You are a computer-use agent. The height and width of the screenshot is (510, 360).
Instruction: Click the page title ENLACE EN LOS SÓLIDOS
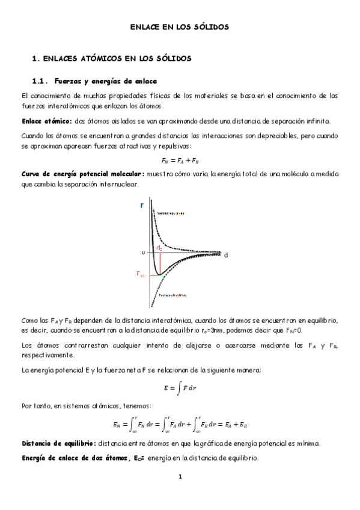[180, 27]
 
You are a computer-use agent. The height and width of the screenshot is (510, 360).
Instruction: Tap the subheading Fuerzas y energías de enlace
[106, 80]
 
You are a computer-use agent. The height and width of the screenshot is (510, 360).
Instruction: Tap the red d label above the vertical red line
[159, 247]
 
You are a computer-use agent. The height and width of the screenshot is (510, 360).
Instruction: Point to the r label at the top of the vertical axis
[142, 205]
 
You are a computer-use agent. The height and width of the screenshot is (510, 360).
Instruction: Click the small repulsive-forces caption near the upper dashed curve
[170, 213]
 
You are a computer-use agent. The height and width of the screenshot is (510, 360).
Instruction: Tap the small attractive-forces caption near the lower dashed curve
[171, 295]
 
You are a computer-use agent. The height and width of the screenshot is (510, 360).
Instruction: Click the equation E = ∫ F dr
[180, 388]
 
